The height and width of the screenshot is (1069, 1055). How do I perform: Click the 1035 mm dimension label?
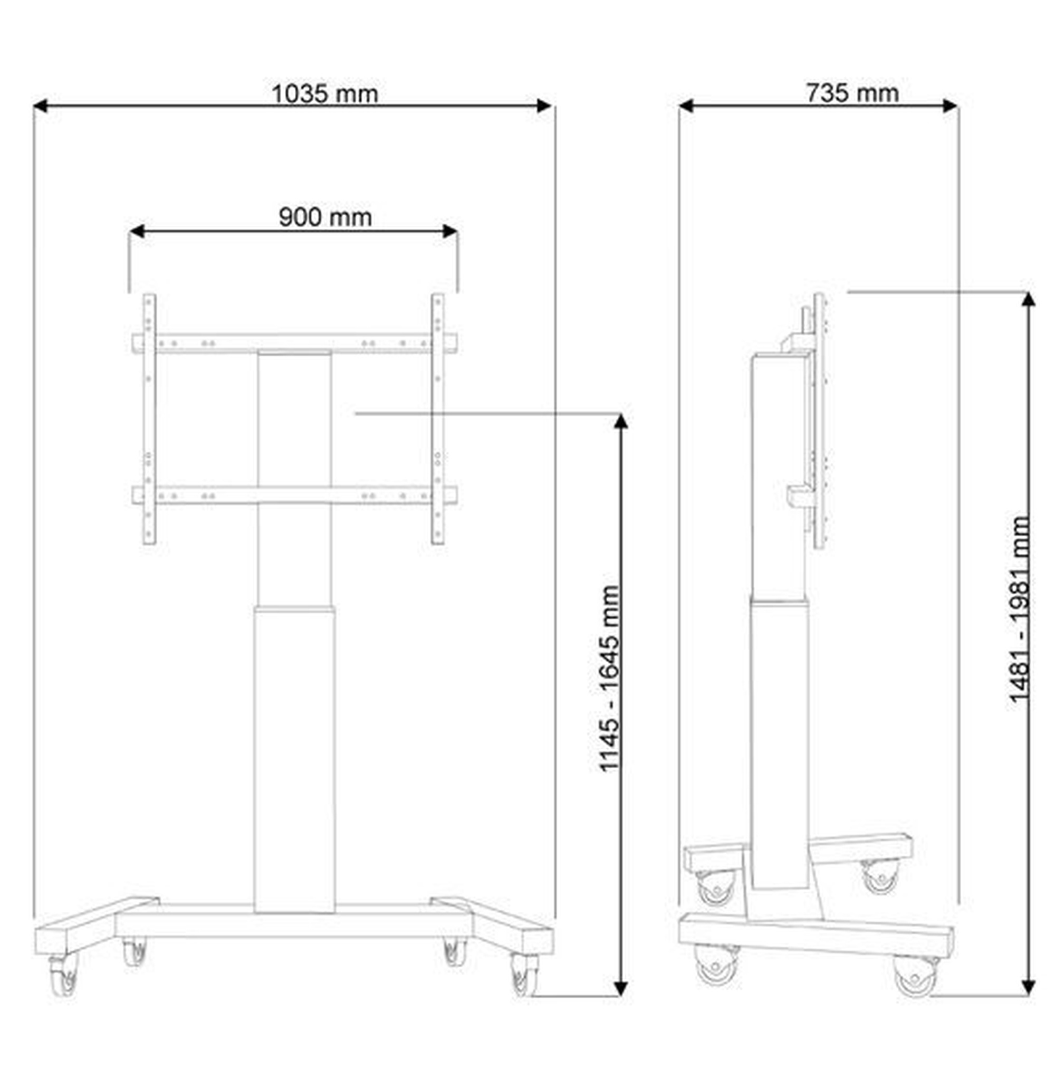point(324,93)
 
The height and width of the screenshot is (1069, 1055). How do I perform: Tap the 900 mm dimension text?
point(325,217)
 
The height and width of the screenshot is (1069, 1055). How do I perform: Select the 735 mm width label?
point(852,92)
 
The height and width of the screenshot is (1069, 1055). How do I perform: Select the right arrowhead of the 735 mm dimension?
point(950,105)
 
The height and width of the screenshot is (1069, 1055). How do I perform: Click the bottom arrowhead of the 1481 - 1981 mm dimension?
point(1028,987)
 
